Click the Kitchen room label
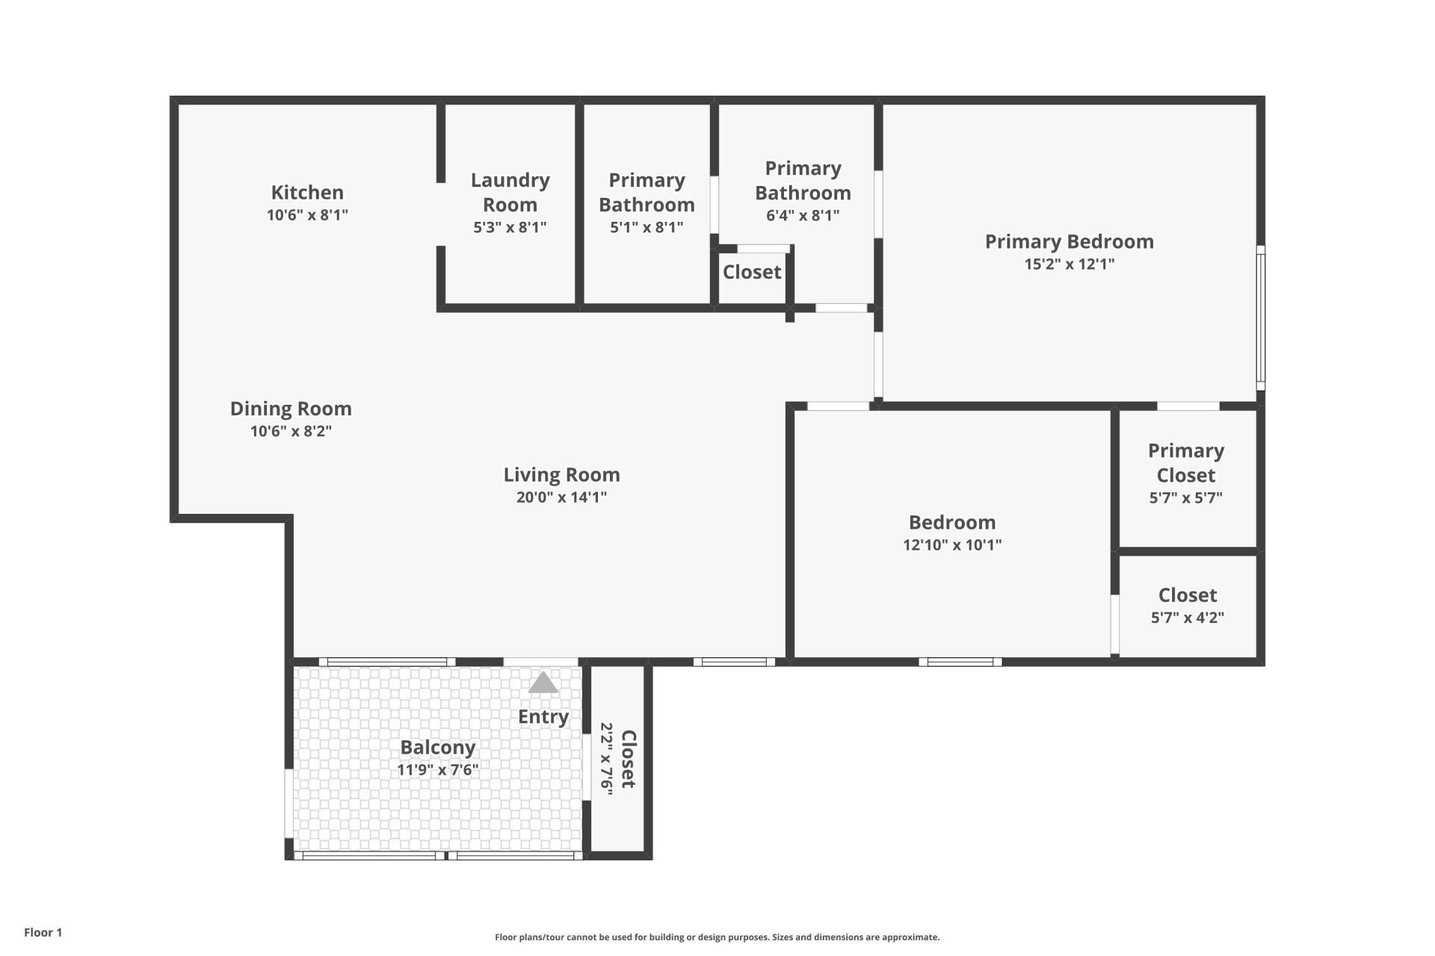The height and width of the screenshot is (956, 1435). (x=307, y=193)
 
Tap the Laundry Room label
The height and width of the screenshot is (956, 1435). (x=510, y=192)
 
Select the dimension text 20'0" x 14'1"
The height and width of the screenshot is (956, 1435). (x=561, y=497)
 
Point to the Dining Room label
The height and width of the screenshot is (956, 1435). (x=291, y=409)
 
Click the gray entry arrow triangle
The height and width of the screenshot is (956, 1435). (x=543, y=683)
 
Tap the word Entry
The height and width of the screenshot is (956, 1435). (x=543, y=717)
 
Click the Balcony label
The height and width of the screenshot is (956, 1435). (x=437, y=748)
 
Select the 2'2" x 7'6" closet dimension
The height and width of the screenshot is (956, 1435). (x=607, y=759)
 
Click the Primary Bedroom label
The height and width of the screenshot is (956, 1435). (x=1069, y=242)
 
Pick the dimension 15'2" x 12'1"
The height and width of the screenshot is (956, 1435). (x=1069, y=264)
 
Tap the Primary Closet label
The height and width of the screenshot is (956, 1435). (x=1186, y=463)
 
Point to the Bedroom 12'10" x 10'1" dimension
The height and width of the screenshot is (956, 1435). (x=951, y=545)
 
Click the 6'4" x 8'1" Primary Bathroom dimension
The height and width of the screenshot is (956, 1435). (x=803, y=216)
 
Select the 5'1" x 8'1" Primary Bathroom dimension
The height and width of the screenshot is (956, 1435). (x=646, y=228)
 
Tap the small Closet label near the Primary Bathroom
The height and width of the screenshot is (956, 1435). (x=752, y=273)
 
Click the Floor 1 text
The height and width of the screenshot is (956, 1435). (x=43, y=932)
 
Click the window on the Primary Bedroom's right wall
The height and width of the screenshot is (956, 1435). (x=1260, y=317)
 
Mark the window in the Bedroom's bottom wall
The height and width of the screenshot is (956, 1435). (x=960, y=662)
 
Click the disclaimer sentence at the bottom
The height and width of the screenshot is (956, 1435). (x=717, y=937)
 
